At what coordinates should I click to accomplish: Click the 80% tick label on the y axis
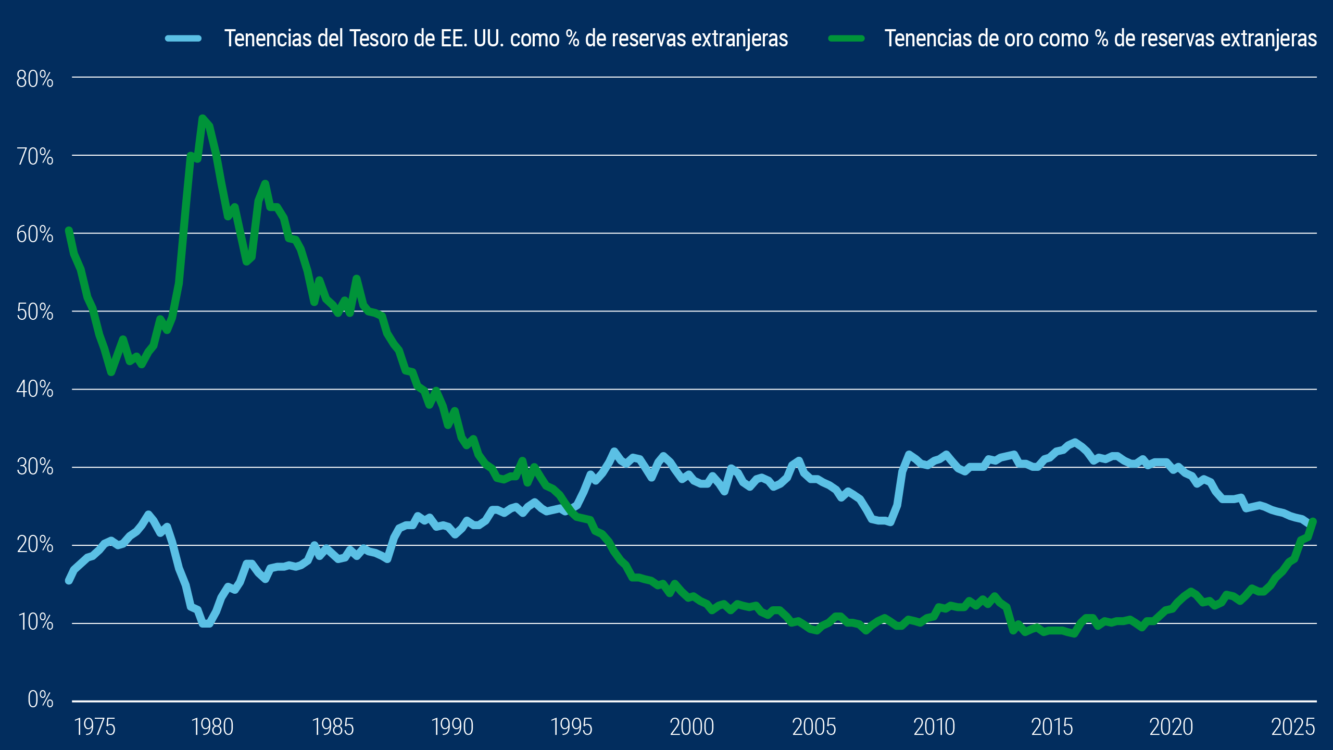[x=35, y=79]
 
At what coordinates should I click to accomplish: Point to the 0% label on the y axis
[x=41, y=699]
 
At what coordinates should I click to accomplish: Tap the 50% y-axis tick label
[x=35, y=312]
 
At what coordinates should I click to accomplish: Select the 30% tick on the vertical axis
[x=35, y=467]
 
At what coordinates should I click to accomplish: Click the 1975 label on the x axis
[x=95, y=727]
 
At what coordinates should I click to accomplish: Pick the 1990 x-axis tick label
[x=452, y=727]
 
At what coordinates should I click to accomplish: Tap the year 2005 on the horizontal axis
[x=814, y=727]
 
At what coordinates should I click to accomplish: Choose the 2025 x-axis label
[x=1293, y=727]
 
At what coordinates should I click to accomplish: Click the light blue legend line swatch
[x=183, y=38]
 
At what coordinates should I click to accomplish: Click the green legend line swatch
[x=847, y=38]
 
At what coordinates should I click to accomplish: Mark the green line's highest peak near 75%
[x=203, y=118]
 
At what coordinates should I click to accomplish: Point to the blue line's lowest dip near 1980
[x=206, y=623]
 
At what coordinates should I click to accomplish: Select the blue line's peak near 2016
[x=1074, y=442]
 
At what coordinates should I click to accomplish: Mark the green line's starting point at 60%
[x=69, y=230]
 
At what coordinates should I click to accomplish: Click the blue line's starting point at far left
[x=69, y=580]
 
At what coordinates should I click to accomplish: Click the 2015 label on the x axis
[x=1052, y=727]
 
